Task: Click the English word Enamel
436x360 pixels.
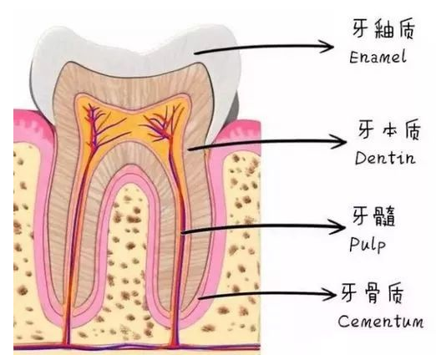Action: tap(378, 57)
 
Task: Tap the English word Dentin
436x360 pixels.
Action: tap(385, 158)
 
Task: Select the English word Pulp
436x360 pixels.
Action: tap(368, 244)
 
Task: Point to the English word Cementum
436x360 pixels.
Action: tap(380, 321)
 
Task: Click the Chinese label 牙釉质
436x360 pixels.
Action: tap(383, 28)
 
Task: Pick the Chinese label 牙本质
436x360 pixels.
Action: tap(388, 129)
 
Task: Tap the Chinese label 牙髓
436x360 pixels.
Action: tap(373, 215)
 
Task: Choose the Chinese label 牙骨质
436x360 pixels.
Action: tap(373, 293)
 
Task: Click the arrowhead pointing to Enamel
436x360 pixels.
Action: tap(327, 46)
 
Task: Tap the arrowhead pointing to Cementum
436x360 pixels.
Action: tap(329, 294)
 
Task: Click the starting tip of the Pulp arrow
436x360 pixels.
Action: tap(182, 232)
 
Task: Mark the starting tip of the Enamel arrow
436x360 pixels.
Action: tap(195, 53)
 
